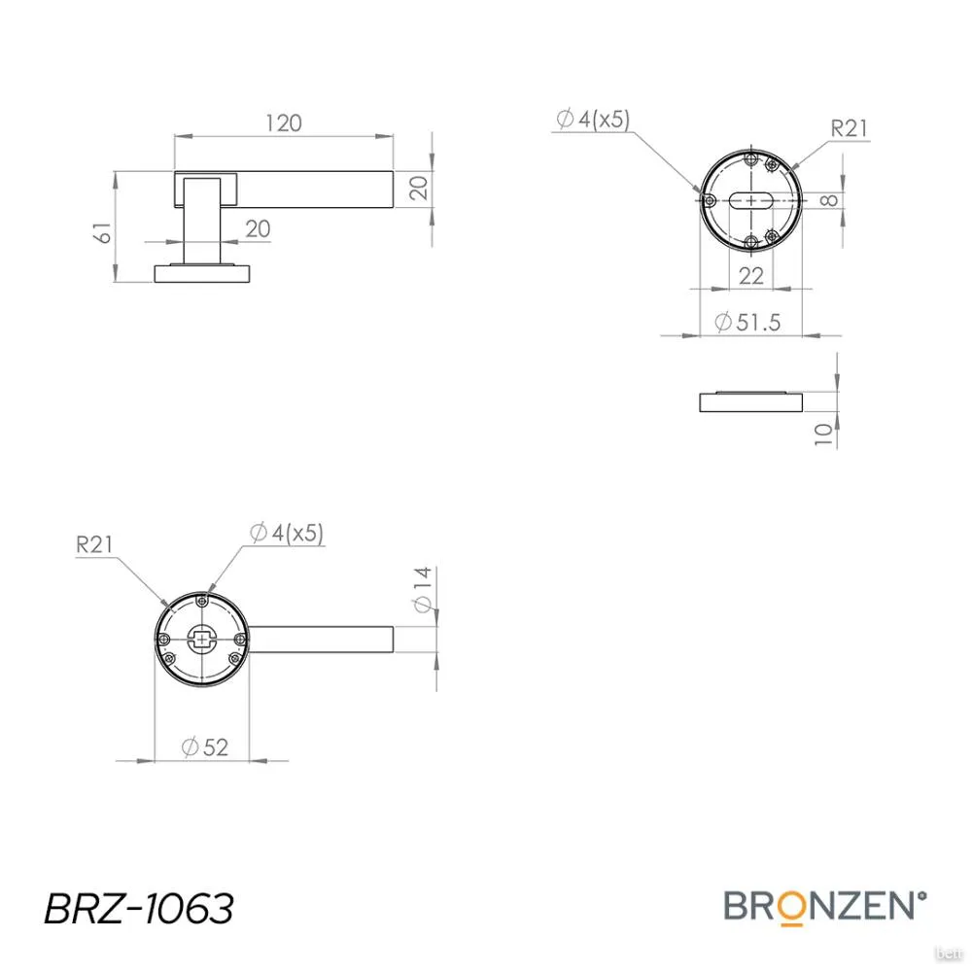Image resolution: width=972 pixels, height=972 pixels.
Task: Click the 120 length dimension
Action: click(283, 123)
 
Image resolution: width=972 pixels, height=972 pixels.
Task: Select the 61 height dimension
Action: click(105, 233)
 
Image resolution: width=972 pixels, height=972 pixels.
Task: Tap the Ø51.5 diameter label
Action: click(747, 323)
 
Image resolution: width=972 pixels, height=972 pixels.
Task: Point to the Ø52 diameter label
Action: click(205, 746)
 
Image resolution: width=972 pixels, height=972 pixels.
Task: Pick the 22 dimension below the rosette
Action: click(750, 276)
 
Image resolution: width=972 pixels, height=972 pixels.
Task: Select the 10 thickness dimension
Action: click(823, 434)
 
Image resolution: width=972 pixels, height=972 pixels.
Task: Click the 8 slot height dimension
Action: click(828, 200)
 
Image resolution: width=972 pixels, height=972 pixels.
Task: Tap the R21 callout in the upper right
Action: click(849, 128)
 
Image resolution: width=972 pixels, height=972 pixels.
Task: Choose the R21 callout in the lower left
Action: click(94, 545)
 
